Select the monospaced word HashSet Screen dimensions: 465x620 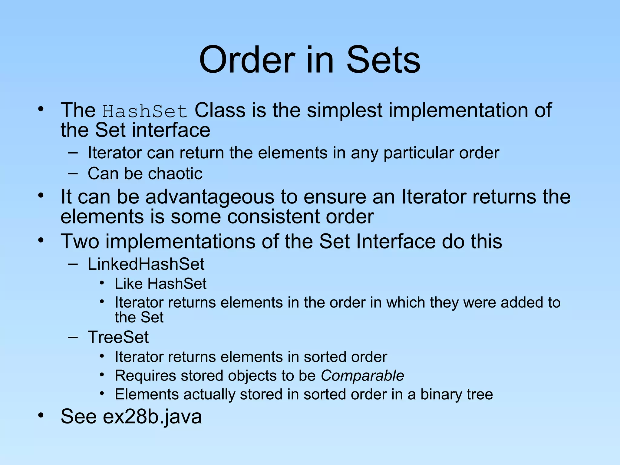click(x=145, y=111)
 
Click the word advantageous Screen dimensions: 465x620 click(x=210, y=197)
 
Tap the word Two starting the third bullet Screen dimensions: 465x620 click(x=80, y=241)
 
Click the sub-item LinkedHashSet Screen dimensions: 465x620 click(x=146, y=264)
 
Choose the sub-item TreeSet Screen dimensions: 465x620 click(x=118, y=337)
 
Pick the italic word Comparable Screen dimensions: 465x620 click(x=362, y=376)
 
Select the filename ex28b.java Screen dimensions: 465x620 click(x=152, y=417)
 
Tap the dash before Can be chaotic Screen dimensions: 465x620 click(x=73, y=174)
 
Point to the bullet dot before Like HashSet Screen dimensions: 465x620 click(x=102, y=283)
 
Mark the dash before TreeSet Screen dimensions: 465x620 click(x=73, y=337)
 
